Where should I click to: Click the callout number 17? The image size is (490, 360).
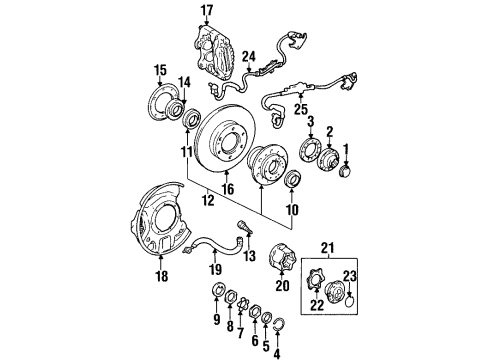click(x=207, y=11)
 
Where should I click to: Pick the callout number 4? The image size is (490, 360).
click(x=276, y=350)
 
